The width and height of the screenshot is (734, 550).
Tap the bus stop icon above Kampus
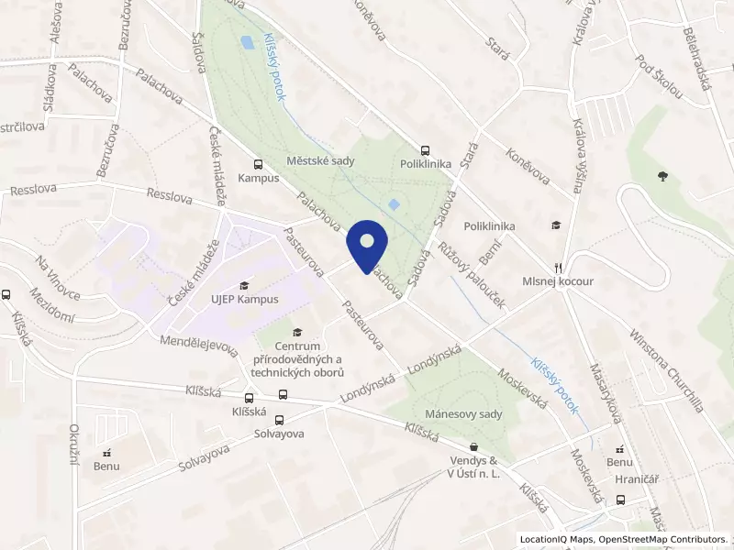(x=258, y=161)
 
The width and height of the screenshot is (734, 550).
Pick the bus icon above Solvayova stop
(x=282, y=397)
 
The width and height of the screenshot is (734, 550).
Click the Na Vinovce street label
(x=58, y=277)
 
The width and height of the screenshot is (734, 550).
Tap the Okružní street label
(x=73, y=445)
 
